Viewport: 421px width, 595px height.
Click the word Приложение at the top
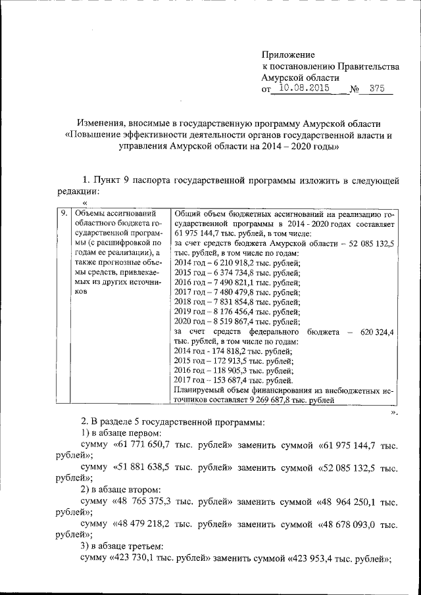(288, 55)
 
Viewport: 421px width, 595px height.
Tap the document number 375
(377, 88)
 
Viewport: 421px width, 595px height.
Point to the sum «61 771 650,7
(144, 446)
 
